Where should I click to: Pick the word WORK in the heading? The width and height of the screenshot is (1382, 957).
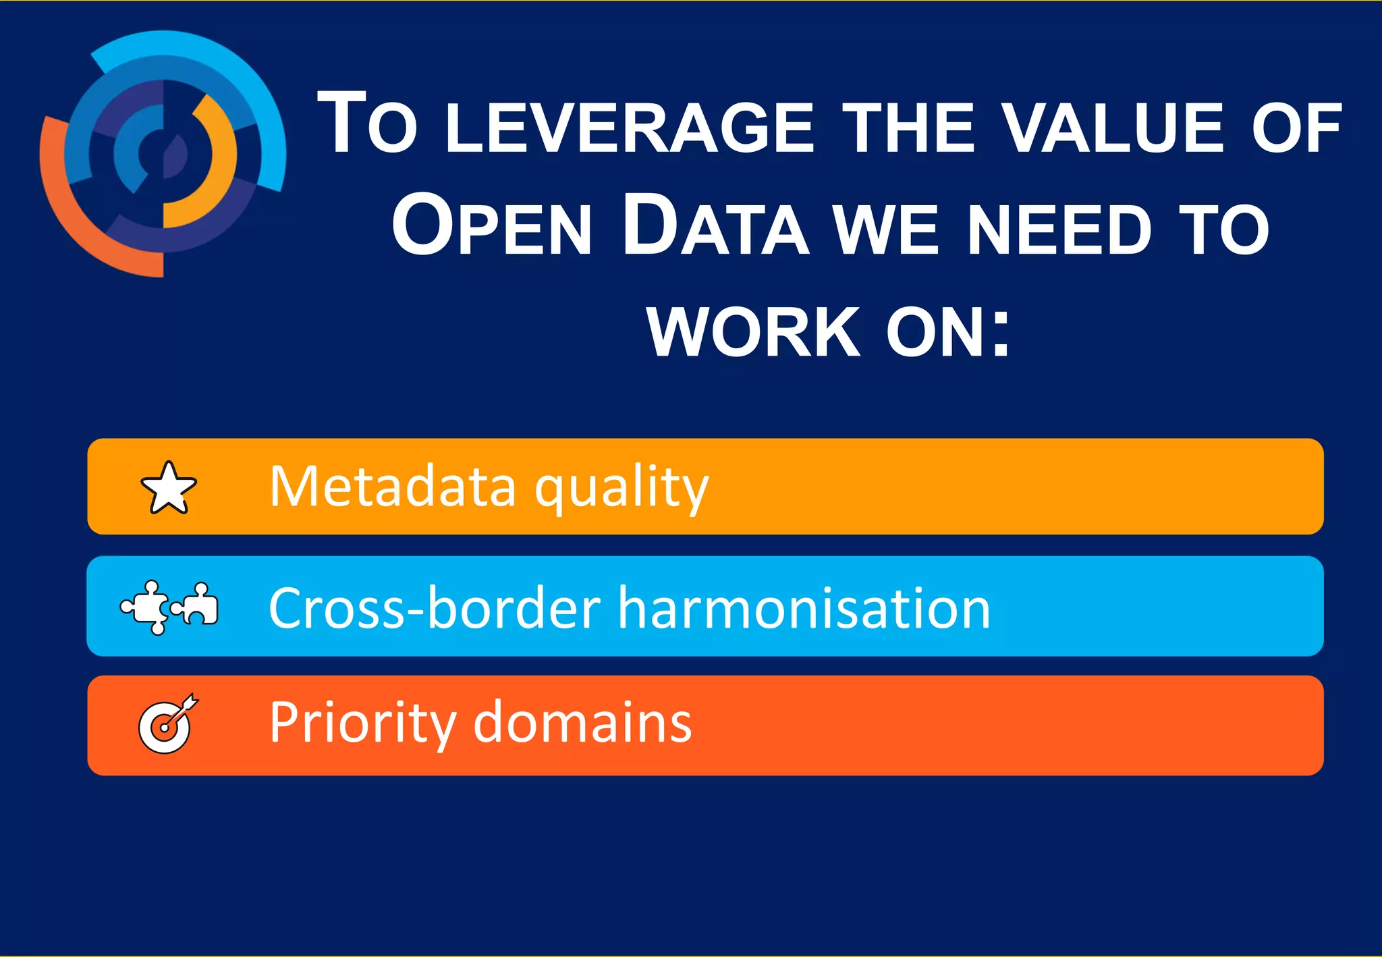(754, 332)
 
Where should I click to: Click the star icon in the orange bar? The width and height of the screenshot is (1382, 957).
(169, 488)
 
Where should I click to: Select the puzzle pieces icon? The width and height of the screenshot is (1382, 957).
(169, 607)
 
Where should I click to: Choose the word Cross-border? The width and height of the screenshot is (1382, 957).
(435, 607)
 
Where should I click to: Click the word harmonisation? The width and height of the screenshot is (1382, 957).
(804, 607)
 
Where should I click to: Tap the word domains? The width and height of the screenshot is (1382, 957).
(582, 722)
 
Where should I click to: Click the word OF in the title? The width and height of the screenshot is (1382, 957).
(1296, 128)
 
